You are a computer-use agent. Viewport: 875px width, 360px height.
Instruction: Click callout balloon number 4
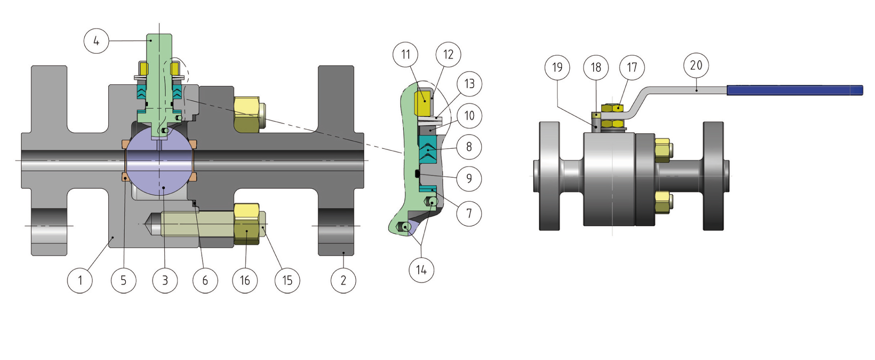pyautogui.click(x=96, y=41)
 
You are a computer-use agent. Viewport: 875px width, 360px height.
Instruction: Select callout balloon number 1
pyautogui.click(x=80, y=280)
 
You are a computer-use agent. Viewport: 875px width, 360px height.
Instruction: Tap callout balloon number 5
pyautogui.click(x=124, y=280)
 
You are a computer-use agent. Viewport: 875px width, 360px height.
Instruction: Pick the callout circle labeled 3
pyautogui.click(x=165, y=280)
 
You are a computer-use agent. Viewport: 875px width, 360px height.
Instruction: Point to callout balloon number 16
pyautogui.click(x=245, y=280)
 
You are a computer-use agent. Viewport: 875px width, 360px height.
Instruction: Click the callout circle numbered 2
pyautogui.click(x=343, y=280)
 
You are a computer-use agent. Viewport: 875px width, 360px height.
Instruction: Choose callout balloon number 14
pyautogui.click(x=421, y=270)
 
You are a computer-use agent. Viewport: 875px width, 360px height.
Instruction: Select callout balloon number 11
pyautogui.click(x=406, y=54)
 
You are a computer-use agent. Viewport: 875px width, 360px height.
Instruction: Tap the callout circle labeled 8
pyautogui.click(x=469, y=147)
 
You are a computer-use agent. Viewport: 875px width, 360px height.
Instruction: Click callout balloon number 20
pyautogui.click(x=696, y=65)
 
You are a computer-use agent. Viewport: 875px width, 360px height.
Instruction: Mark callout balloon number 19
pyautogui.click(x=557, y=67)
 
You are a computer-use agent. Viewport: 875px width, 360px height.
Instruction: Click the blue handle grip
pyautogui.click(x=794, y=90)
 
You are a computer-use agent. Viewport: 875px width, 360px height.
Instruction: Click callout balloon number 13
pyautogui.click(x=469, y=84)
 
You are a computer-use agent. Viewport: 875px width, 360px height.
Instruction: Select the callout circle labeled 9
pyautogui.click(x=469, y=178)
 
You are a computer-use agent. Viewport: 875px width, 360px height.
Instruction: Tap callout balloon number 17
pyautogui.click(x=632, y=67)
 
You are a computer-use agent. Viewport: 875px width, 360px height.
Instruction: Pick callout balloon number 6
pyautogui.click(x=205, y=280)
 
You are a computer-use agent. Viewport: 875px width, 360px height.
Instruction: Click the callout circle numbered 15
pyautogui.click(x=287, y=280)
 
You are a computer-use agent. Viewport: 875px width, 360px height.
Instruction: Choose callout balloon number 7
pyautogui.click(x=469, y=213)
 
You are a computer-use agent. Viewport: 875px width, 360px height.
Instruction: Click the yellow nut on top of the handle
pyautogui.click(x=612, y=107)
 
